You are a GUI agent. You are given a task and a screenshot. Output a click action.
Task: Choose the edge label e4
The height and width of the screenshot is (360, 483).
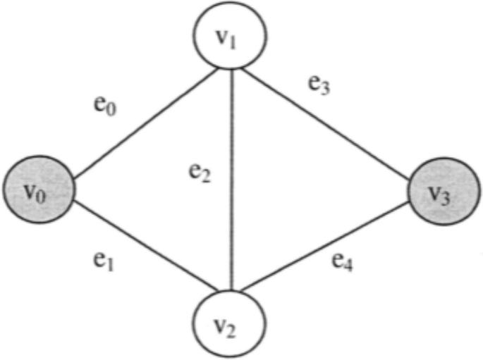point(344,263)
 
